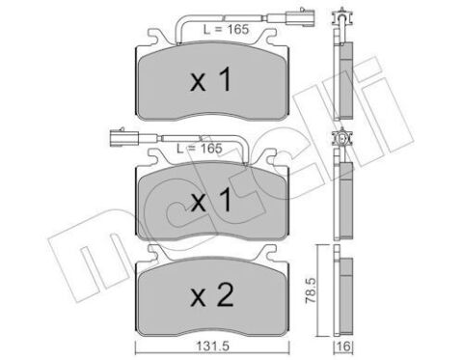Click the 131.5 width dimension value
tap(212, 346)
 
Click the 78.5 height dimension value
tap(311, 291)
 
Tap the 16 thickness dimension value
tap(343, 346)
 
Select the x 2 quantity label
tap(212, 295)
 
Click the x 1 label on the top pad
tap(210, 79)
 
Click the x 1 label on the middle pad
tap(210, 200)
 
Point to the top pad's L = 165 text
tap(226, 30)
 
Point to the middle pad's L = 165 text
tap(200, 149)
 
